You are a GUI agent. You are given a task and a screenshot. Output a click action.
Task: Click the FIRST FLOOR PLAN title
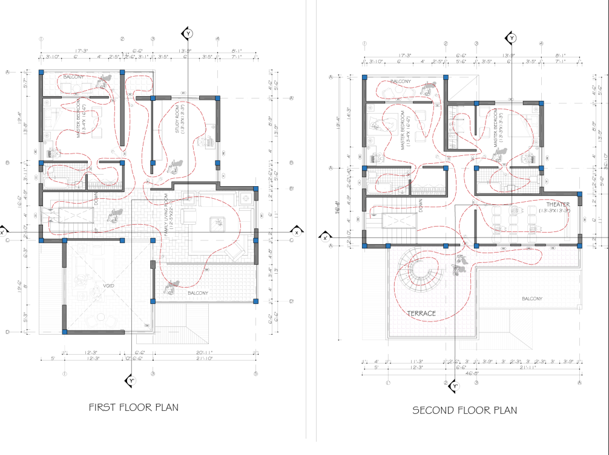click(x=134, y=407)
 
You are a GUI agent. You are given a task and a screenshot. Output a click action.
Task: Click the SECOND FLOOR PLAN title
click(x=464, y=410)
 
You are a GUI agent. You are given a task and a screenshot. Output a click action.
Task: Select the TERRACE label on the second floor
click(x=421, y=314)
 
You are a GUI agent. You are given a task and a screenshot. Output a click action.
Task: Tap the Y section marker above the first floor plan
click(x=188, y=33)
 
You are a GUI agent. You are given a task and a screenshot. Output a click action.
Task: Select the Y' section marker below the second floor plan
click(x=455, y=385)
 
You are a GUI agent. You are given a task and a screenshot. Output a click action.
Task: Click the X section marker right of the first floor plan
click(x=297, y=232)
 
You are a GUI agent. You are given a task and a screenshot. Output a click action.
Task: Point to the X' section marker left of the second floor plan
click(x=325, y=237)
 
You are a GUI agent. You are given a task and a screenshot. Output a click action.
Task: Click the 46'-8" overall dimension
click(x=470, y=374)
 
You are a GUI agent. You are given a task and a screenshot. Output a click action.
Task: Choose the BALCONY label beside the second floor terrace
click(x=532, y=298)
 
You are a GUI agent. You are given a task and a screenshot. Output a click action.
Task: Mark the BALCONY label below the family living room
click(x=197, y=293)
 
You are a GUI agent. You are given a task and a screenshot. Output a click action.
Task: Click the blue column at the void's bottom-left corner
click(x=64, y=332)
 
